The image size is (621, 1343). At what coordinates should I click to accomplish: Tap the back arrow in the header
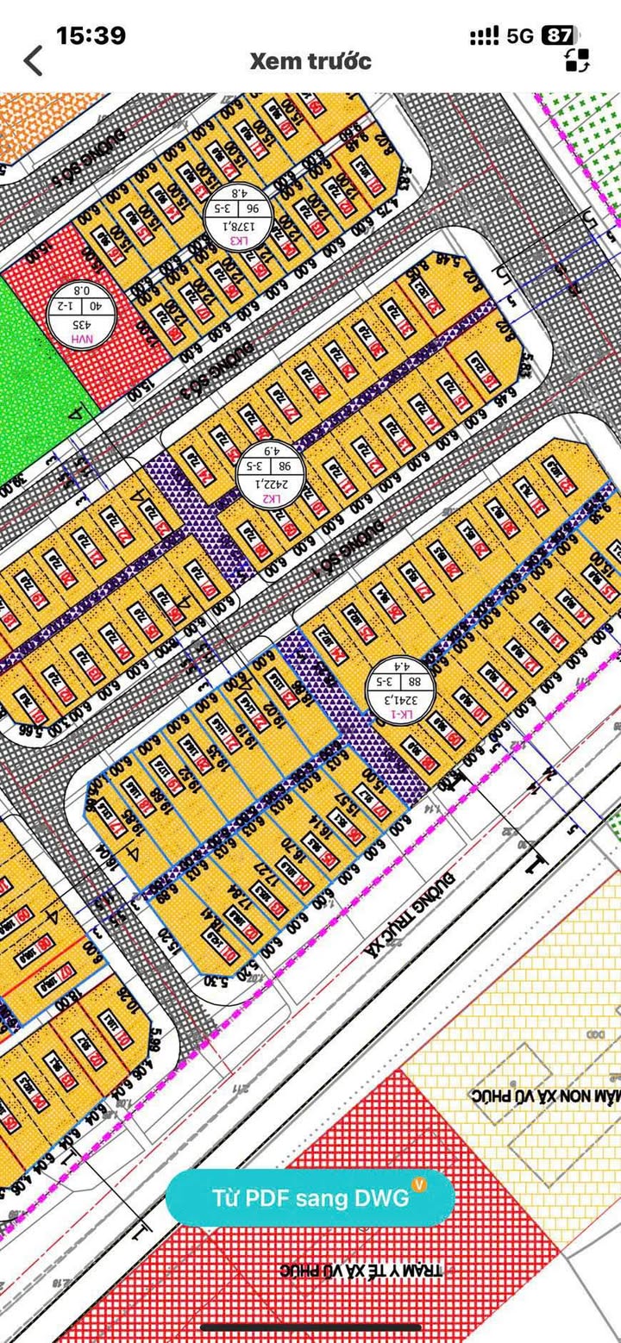(x=33, y=61)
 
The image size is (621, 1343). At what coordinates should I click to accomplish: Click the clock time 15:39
(x=91, y=35)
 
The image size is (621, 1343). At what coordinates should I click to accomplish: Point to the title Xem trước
(x=310, y=61)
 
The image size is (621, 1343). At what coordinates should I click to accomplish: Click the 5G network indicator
(x=520, y=36)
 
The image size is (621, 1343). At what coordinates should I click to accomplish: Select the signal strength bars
(x=485, y=36)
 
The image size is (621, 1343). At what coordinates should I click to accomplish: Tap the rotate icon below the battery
(x=577, y=60)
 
